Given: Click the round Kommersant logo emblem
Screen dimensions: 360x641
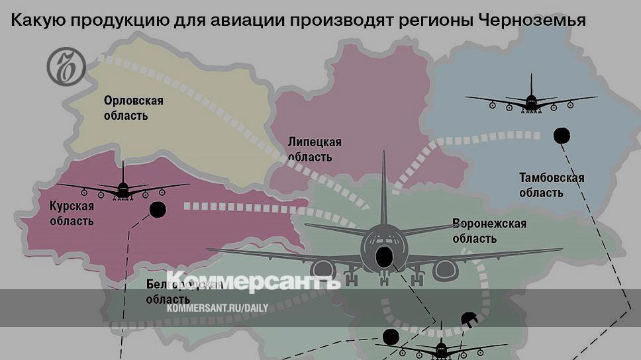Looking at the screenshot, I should (x=66, y=66).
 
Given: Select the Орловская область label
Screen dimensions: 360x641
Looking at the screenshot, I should (x=132, y=108).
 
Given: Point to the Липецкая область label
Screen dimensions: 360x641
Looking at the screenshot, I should (x=315, y=150).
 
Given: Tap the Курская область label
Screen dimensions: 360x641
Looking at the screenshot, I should (x=72, y=213).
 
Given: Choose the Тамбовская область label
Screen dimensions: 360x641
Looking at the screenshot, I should (x=551, y=185).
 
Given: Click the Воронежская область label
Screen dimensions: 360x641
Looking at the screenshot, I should (x=489, y=231).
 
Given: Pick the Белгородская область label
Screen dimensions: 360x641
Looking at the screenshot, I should (x=183, y=291).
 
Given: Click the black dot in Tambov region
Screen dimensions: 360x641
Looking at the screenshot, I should (x=562, y=136).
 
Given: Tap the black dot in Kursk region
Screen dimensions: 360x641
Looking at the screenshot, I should (x=158, y=210).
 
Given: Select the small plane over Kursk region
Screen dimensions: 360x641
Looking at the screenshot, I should (x=123, y=187).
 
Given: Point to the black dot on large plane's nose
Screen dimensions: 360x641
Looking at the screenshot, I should (x=384, y=257).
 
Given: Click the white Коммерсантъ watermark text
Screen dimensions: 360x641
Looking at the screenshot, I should (x=253, y=282).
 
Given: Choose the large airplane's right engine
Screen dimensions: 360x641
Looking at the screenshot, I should (x=445, y=269).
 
